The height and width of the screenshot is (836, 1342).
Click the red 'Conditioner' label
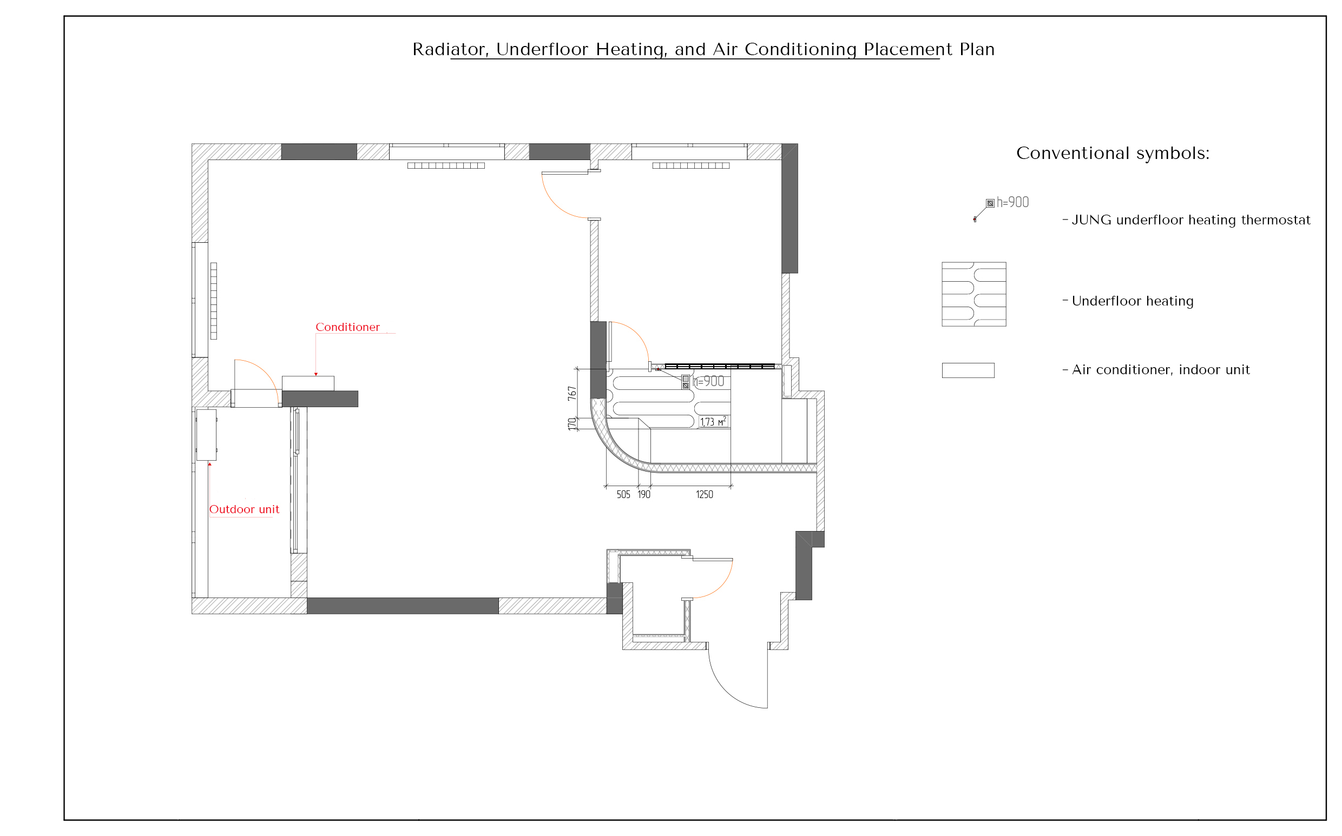tap(347, 327)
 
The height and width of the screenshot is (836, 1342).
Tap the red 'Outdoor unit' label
tap(244, 509)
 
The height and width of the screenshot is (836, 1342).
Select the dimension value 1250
tap(704, 494)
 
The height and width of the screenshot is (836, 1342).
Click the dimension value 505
tap(623, 494)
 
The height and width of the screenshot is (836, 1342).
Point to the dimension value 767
tap(572, 393)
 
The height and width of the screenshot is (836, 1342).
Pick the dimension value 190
tap(644, 494)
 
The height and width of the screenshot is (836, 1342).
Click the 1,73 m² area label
tap(713, 422)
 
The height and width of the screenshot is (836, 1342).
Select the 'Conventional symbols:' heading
tap(1113, 153)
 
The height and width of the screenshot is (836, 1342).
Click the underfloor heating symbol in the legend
tap(973, 294)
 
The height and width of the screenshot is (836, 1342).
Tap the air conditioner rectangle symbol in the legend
tap(968, 370)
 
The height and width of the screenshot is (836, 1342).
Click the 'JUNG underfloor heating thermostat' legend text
tap(1191, 220)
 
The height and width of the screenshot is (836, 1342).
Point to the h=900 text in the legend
tap(1012, 202)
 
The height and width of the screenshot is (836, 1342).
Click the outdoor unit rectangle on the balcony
tap(206, 435)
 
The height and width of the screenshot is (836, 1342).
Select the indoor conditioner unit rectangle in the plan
tap(308, 383)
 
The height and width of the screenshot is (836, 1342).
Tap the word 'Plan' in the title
tap(977, 49)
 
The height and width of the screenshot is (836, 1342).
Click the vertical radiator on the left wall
tap(214, 301)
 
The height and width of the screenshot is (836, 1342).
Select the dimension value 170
tap(572, 424)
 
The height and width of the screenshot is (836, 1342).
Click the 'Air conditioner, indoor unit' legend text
tap(1161, 370)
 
